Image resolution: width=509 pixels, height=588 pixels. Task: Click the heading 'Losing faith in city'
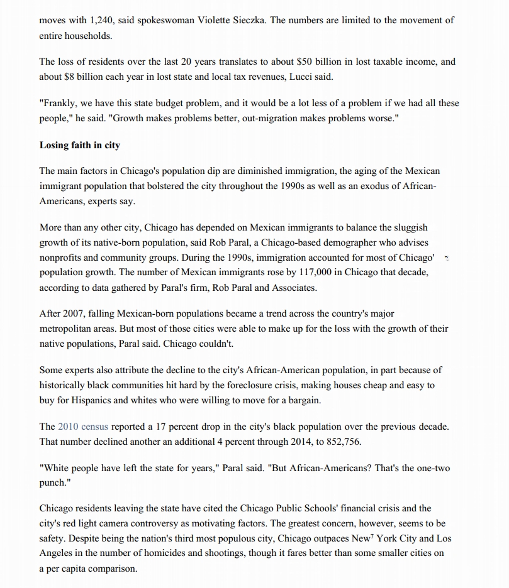(x=79, y=145)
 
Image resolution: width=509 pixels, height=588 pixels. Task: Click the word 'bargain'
(x=304, y=400)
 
